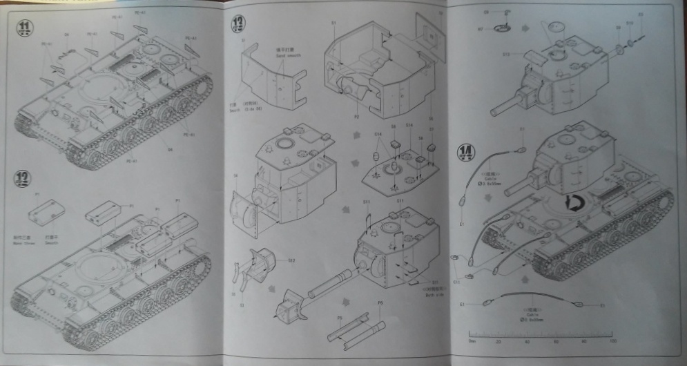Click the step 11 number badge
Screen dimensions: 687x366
tap(26, 27)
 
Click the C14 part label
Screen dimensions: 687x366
tap(378, 133)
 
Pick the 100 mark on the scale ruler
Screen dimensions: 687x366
tap(610, 340)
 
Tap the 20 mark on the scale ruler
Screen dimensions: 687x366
tap(498, 340)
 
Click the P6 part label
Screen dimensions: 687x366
tap(379, 303)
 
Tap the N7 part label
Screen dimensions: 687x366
tap(481, 29)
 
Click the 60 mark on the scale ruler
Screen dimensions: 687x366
tap(554, 340)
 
